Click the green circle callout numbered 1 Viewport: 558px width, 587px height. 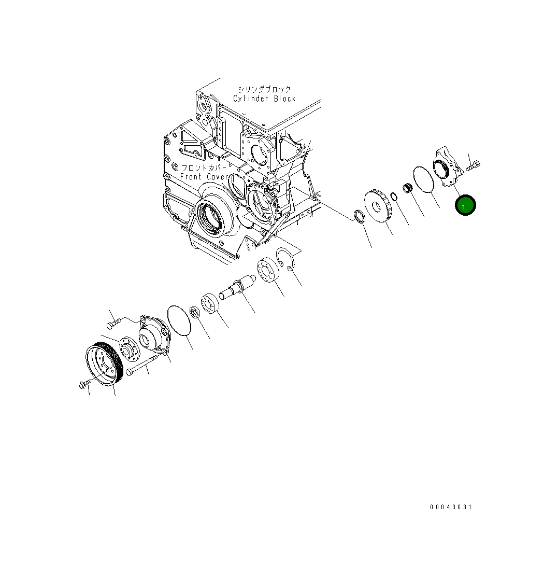pos(465,205)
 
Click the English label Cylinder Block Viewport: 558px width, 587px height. pos(264,99)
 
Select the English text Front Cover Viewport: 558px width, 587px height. pos(204,177)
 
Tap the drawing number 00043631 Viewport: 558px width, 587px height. pos(451,507)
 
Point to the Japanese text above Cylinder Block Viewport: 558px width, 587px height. pos(264,89)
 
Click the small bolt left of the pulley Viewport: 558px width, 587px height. pos(84,384)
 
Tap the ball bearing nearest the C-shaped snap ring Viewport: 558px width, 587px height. pos(268,270)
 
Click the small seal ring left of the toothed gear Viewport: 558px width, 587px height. pos(358,216)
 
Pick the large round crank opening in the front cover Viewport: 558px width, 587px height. pos(210,217)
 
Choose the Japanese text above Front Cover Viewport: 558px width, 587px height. pos(204,168)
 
